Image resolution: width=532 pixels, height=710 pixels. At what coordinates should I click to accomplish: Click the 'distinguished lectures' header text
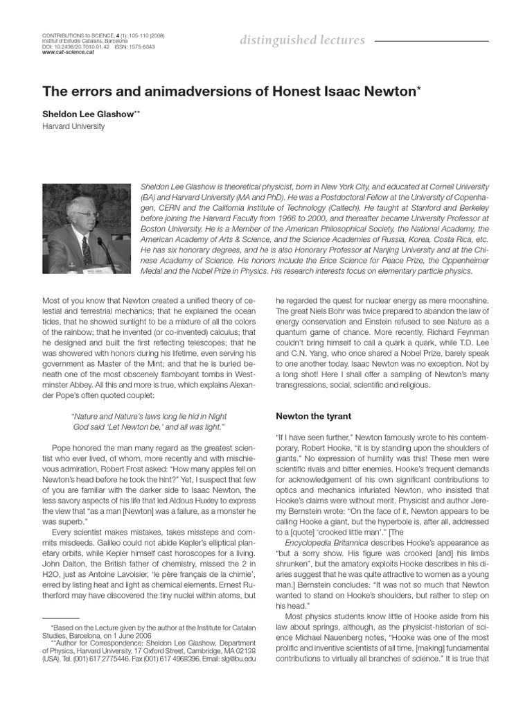302,40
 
